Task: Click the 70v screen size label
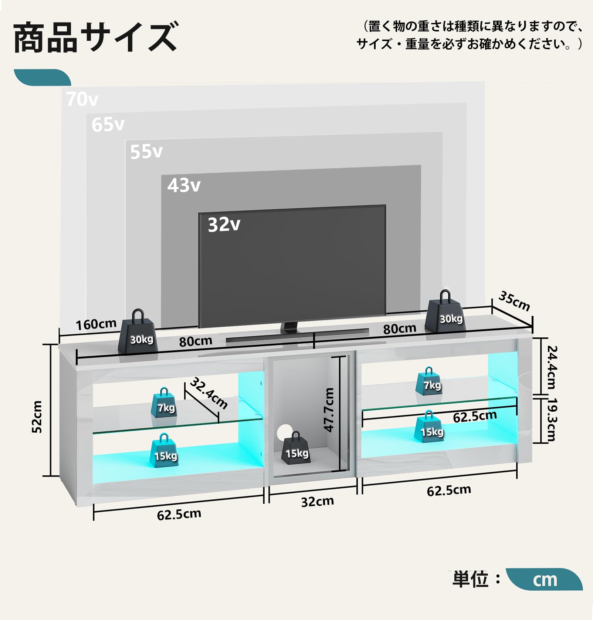(82, 99)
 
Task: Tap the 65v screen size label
(108, 125)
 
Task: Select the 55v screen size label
(146, 152)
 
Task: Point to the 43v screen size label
(184, 185)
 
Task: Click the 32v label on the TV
(224, 225)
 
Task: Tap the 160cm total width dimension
(96, 324)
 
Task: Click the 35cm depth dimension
(514, 301)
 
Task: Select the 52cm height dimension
(37, 417)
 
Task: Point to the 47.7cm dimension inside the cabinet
(329, 410)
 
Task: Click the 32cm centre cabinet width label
(317, 502)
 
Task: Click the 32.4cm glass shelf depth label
(209, 393)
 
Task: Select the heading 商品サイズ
(95, 37)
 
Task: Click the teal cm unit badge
(544, 580)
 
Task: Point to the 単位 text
(471, 579)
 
